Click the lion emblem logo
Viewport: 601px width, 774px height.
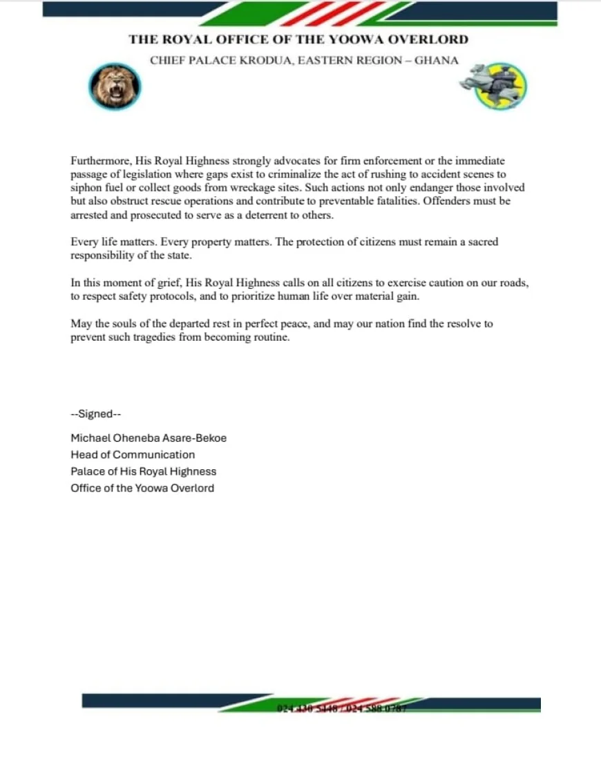[115, 86]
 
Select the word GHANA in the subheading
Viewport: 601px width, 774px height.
[436, 60]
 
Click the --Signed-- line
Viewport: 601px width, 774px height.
[96, 415]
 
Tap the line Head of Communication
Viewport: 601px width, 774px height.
[133, 455]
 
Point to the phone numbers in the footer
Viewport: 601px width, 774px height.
[341, 708]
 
